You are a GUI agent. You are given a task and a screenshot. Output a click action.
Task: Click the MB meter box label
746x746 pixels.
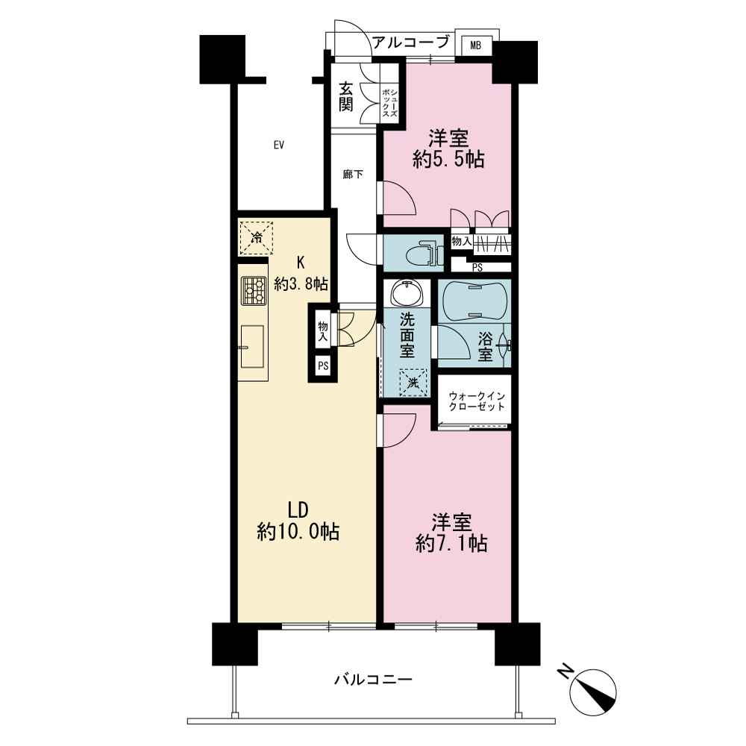point(475,46)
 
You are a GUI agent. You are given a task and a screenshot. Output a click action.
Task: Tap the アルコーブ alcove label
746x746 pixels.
point(410,43)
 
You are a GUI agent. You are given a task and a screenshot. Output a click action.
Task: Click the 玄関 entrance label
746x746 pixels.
point(346,96)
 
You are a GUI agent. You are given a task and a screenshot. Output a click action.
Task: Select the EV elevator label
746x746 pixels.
point(279,145)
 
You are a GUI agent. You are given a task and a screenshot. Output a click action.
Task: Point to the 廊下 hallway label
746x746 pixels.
point(353,175)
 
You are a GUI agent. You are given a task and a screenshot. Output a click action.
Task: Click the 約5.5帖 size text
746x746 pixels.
point(448,160)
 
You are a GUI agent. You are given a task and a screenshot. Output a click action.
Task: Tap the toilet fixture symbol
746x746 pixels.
point(421,254)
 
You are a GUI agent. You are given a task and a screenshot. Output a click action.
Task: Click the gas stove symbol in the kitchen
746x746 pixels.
point(253,291)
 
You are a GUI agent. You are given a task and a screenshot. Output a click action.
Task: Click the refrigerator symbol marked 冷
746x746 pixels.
point(256,237)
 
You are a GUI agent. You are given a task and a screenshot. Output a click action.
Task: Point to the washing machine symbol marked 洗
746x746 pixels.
point(413,382)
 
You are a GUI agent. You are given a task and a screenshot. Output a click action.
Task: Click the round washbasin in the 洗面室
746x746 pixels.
point(407,293)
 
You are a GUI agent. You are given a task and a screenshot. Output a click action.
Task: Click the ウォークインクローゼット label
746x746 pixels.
point(477,401)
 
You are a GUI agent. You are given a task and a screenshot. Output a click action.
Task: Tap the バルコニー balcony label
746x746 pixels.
point(373,680)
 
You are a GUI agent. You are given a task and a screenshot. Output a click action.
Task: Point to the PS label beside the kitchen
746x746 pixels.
point(323,366)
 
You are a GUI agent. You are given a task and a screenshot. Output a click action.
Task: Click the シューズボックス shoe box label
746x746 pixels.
point(389,104)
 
